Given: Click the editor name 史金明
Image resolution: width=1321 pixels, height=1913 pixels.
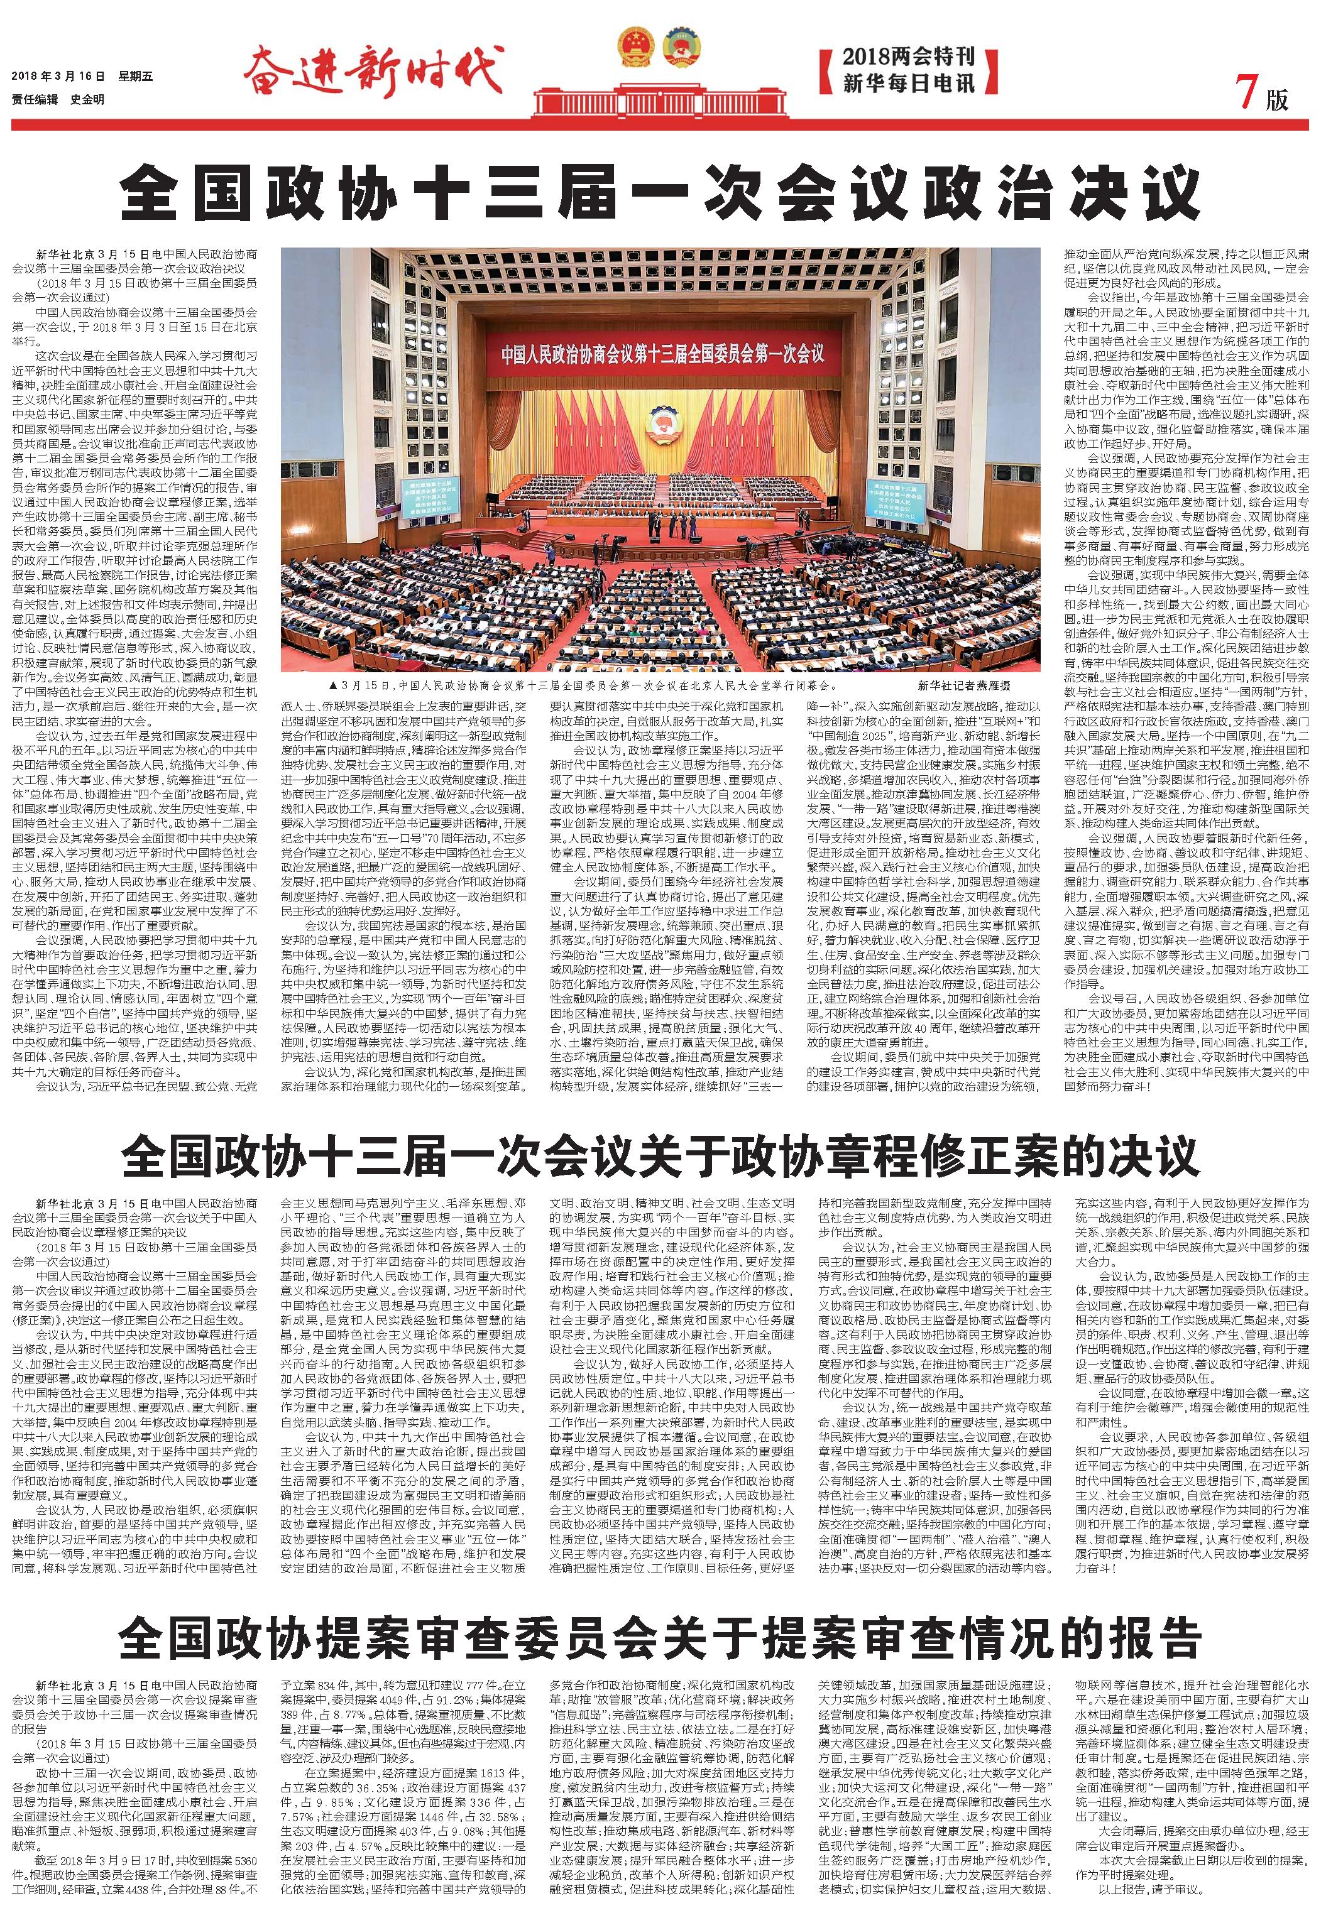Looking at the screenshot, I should pos(87,99).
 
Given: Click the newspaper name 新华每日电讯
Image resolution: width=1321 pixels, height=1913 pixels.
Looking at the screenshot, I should pos(909,84).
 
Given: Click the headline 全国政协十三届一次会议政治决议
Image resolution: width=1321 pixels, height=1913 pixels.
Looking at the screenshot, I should pos(660,195).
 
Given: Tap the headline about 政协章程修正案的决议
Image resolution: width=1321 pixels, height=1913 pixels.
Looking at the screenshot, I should pos(660,1156).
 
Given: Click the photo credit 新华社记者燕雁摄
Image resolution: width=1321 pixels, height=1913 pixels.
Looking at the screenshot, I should pos(963,685).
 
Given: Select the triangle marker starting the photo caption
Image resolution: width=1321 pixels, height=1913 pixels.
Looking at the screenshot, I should pos(332,685).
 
